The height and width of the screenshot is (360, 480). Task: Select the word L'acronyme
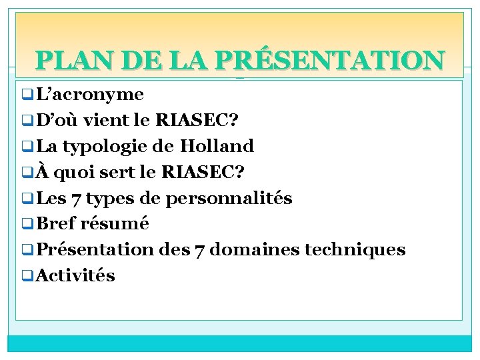click(91, 94)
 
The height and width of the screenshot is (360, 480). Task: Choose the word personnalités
click(229, 198)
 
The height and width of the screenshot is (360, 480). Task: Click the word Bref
click(58, 223)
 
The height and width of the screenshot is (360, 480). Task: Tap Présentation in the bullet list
click(95, 249)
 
